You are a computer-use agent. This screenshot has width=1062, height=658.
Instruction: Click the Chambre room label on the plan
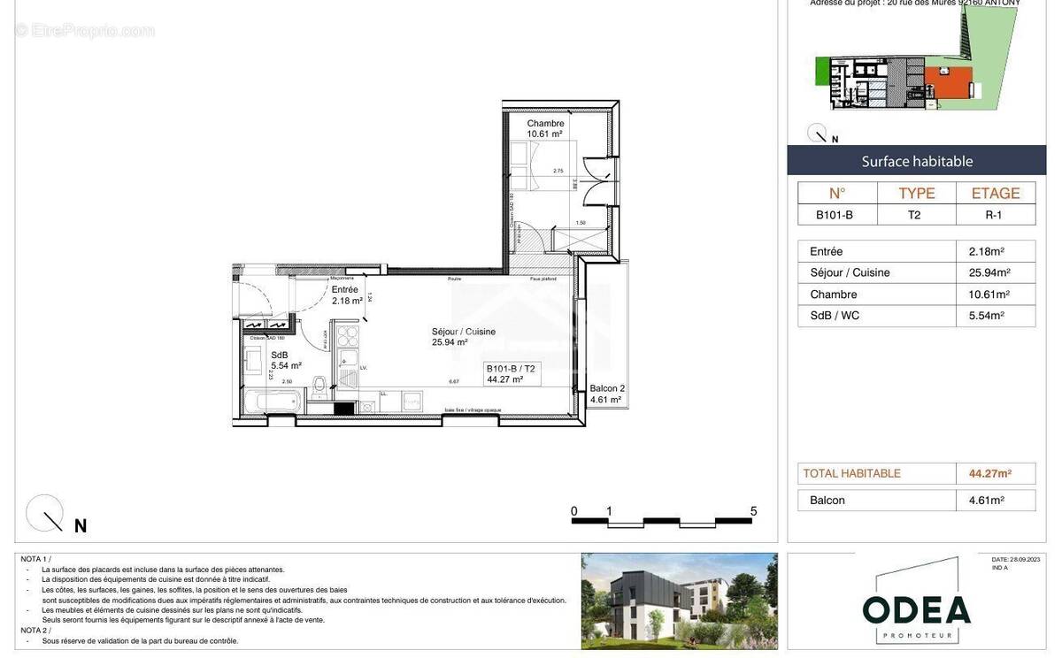[545, 128]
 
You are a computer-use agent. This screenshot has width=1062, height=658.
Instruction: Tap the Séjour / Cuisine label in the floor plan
[463, 337]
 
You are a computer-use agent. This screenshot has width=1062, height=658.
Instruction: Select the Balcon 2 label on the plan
[607, 394]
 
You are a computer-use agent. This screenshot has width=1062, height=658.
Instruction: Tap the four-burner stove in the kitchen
[348, 337]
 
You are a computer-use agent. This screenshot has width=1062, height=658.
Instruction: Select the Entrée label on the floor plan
[346, 295]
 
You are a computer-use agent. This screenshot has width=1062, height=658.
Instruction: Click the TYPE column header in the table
[916, 193]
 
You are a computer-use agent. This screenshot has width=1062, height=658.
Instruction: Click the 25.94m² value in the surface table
[989, 272]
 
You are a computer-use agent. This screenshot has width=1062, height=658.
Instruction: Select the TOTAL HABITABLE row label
[851, 474]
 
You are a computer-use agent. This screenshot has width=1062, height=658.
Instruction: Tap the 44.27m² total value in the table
[989, 474]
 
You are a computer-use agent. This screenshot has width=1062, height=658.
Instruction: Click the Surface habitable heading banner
[917, 161]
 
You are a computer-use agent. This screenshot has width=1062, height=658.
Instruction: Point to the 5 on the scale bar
[753, 511]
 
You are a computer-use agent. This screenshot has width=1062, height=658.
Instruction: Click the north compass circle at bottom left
[44, 513]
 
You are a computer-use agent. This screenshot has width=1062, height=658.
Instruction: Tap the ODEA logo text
[916, 608]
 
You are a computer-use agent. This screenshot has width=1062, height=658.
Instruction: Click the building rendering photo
[679, 601]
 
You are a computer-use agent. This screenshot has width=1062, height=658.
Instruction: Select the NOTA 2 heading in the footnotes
[36, 630]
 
